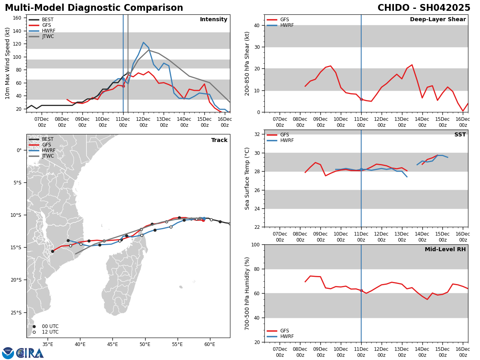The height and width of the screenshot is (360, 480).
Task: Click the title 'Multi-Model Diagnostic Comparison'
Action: [x=94, y=8]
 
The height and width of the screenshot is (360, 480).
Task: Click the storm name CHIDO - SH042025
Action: [x=424, y=8]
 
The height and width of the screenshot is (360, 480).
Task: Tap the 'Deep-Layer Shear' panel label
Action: [x=438, y=20]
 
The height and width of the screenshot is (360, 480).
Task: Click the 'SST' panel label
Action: [x=460, y=135]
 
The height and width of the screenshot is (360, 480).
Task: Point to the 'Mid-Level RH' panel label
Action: [x=445, y=250]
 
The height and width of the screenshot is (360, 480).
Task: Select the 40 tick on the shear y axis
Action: [x=256, y=26]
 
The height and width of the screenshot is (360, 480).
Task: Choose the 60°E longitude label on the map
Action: [x=210, y=344]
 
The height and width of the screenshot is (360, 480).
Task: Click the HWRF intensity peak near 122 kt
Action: [x=143, y=42]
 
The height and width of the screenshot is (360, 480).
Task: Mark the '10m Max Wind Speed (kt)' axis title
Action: [x=8, y=63]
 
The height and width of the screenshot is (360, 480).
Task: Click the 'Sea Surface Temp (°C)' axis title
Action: [x=248, y=178]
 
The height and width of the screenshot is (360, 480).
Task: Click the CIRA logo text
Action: [x=30, y=353]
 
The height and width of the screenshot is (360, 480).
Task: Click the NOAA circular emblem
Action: [x=8, y=353]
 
